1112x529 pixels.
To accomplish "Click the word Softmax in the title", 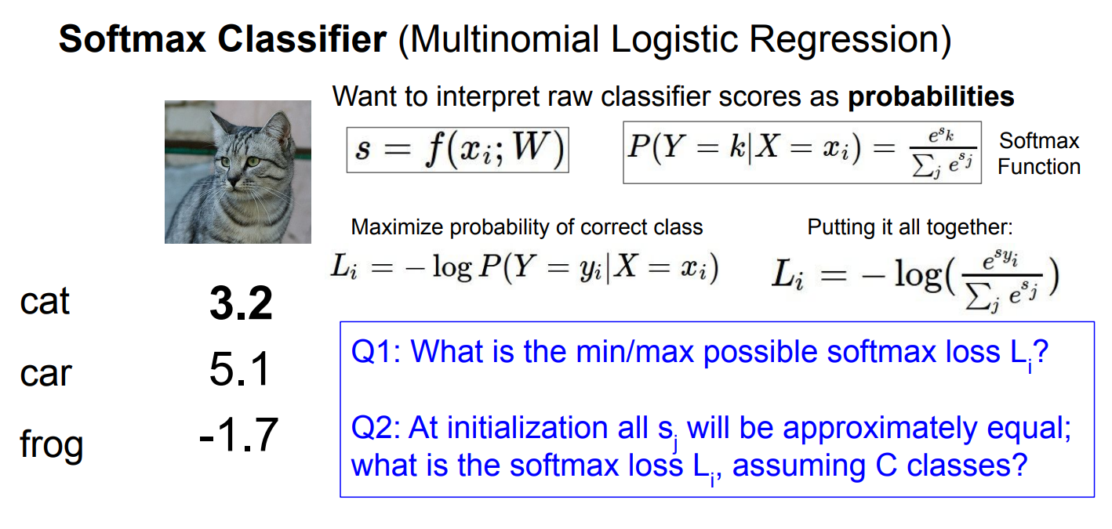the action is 132,39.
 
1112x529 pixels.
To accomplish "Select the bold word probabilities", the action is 931,96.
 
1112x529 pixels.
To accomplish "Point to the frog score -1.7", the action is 238,435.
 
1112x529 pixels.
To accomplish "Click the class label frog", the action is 51,444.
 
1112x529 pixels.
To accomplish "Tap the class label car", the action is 45,373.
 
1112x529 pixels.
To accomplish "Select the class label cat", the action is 45,301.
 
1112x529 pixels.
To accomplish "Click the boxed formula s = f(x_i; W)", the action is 458,150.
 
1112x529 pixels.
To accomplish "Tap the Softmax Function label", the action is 1039,154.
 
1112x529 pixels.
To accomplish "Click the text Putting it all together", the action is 910,227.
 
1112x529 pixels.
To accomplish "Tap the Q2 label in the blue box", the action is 376,428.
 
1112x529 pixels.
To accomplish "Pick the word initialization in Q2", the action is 529,427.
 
